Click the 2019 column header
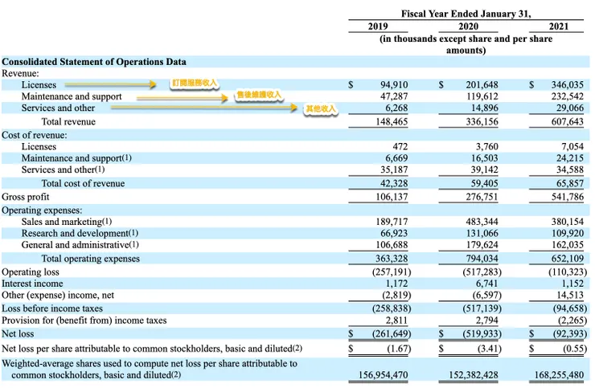click(378, 27)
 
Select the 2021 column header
click(559, 27)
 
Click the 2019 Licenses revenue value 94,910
click(393, 84)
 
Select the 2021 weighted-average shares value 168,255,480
click(561, 374)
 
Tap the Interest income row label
click(32, 284)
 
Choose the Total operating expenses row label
click(90, 259)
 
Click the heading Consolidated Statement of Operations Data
click(94, 62)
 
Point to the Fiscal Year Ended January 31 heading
click(466, 13)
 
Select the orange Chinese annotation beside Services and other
click(321, 108)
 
